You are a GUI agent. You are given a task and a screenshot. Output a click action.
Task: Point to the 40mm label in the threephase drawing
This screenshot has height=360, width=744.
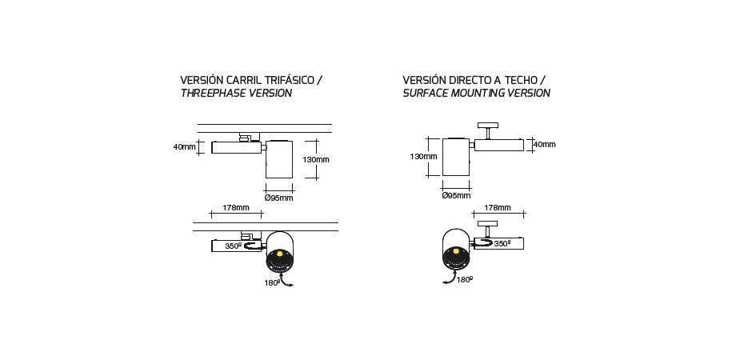click(184, 147)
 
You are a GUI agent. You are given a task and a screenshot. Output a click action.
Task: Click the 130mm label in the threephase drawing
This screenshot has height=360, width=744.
click(316, 159)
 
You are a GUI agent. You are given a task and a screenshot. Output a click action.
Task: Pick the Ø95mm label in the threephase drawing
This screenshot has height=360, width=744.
click(279, 198)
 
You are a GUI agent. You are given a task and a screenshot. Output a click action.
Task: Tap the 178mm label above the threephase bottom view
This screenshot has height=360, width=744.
click(236, 208)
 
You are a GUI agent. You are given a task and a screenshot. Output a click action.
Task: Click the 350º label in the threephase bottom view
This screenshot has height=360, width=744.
click(234, 246)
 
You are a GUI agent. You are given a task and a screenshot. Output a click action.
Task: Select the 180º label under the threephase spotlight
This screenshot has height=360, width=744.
click(272, 283)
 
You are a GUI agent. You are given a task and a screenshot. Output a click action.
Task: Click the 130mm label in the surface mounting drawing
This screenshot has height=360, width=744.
click(424, 157)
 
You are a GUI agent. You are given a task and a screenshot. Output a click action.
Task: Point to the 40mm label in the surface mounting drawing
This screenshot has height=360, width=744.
click(545, 144)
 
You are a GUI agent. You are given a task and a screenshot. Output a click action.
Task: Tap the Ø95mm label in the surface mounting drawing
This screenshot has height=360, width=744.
click(457, 195)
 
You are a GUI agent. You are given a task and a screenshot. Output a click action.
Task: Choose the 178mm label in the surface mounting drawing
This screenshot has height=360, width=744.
click(498, 208)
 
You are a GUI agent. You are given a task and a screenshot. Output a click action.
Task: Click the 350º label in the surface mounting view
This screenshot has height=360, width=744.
click(502, 243)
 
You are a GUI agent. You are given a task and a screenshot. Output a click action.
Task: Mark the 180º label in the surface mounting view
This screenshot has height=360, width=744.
click(465, 279)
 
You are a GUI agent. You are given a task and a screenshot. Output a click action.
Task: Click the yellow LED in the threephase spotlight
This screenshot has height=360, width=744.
click(279, 254)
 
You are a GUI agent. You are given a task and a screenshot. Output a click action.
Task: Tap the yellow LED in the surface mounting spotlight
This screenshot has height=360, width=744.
click(456, 251)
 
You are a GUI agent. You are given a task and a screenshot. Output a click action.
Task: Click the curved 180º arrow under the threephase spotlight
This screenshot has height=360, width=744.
click(286, 282)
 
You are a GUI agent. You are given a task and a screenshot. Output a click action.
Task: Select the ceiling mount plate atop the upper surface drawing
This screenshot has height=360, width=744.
click(488, 126)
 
